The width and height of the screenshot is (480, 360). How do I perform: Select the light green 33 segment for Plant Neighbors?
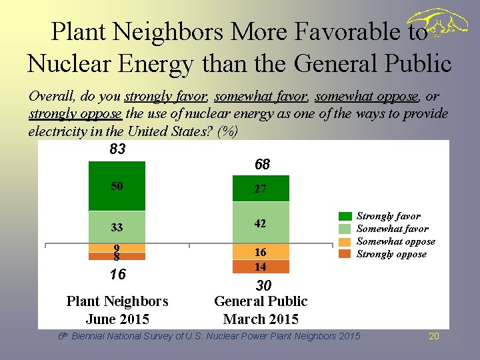coord(117,227)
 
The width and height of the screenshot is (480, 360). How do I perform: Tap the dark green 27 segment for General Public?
coord(260,189)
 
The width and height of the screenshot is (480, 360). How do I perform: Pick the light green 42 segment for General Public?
coord(260,223)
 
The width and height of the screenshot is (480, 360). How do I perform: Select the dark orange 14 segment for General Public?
coord(260,267)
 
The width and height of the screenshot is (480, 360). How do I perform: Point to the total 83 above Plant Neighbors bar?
coord(117,149)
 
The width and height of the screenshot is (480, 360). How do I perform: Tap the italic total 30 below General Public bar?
coord(264,285)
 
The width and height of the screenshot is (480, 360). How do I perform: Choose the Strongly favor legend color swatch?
coord(345,216)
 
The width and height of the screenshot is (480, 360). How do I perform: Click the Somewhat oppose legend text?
coord(396,241)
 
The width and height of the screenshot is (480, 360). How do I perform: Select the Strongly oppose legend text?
coord(391,254)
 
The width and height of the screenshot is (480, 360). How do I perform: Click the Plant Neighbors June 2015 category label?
coord(117,310)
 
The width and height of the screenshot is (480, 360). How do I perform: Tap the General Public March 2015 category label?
coord(261,310)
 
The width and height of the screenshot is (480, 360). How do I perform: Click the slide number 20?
coord(433,336)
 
